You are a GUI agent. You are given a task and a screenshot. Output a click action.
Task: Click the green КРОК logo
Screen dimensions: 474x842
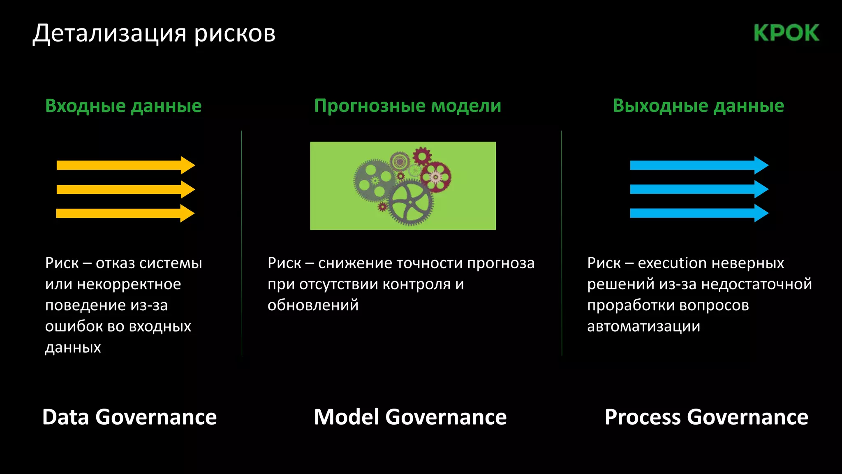(x=786, y=33)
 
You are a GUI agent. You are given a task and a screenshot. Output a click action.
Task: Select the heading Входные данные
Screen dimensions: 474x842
(x=123, y=106)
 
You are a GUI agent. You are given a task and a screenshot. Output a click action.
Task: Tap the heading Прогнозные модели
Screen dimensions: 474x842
(x=407, y=106)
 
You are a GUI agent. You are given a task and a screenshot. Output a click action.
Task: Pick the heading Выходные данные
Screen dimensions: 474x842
(x=698, y=106)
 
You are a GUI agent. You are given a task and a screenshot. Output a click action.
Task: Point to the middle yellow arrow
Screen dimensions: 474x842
(x=123, y=189)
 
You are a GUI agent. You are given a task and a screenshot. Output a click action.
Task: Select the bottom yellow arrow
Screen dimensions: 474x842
(x=123, y=213)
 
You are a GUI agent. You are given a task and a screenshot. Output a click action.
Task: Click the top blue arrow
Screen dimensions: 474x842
(x=695, y=165)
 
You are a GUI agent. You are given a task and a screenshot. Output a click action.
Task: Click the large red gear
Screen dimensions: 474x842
(x=435, y=177)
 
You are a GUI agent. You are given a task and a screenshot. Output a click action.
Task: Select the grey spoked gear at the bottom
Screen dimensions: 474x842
(x=410, y=204)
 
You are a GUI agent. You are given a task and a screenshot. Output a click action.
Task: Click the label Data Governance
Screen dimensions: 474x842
(x=130, y=417)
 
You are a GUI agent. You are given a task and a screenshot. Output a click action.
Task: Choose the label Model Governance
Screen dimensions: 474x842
(x=410, y=417)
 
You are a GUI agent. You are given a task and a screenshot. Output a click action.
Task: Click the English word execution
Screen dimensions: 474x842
(x=672, y=263)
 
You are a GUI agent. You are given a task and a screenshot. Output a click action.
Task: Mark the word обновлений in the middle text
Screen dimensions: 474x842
(x=313, y=305)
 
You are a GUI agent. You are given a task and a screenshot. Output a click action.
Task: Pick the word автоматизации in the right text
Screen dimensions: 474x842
(x=643, y=326)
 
